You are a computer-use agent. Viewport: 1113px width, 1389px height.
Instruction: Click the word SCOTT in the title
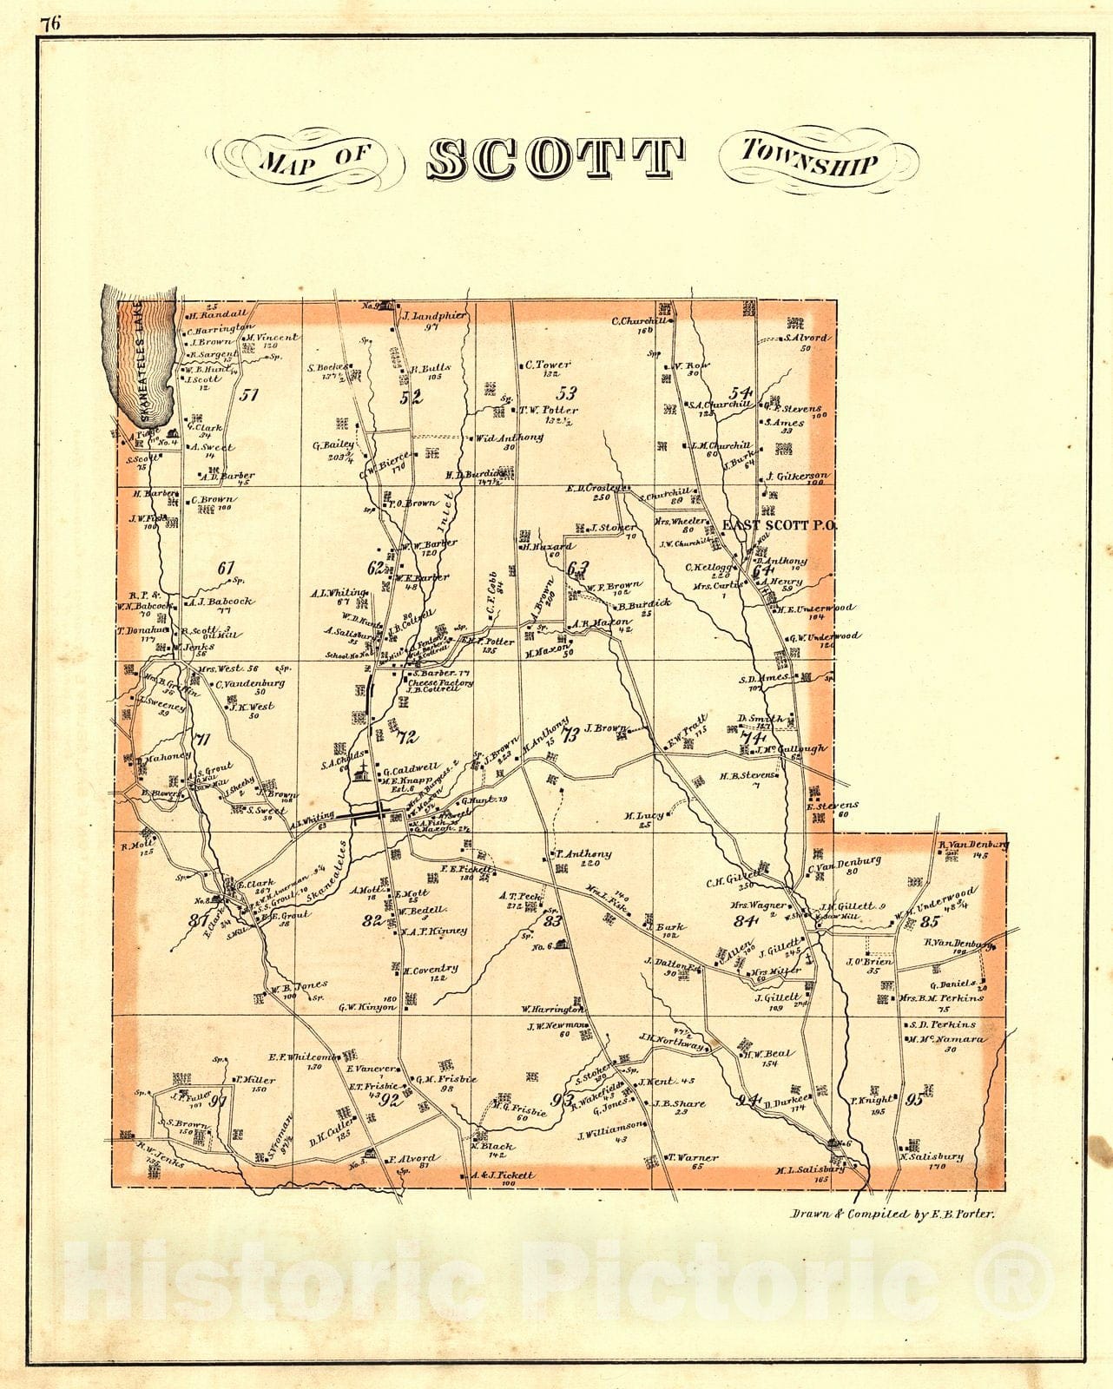(x=556, y=158)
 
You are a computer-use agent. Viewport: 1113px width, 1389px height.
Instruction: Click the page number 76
(x=49, y=23)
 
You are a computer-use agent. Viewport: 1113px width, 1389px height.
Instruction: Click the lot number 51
(x=250, y=395)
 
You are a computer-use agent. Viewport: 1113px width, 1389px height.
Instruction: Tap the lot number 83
(x=553, y=921)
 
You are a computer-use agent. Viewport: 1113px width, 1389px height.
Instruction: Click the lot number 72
(x=407, y=737)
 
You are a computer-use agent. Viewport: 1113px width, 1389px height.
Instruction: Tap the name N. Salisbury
(x=932, y=1156)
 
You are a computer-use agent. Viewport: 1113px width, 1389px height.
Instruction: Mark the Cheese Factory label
(x=440, y=683)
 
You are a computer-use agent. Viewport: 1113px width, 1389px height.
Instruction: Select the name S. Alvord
(x=807, y=337)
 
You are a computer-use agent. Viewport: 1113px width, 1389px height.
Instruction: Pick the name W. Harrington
(x=552, y=1010)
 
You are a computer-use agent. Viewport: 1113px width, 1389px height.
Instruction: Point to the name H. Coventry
(x=431, y=969)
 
